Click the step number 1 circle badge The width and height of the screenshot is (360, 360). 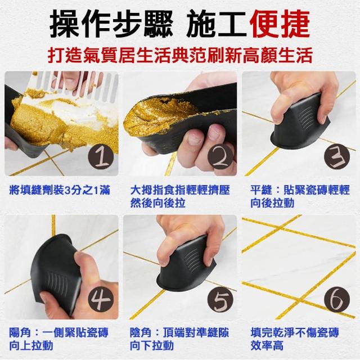[x=101, y=157]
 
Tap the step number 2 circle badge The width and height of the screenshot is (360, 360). [x=220, y=157]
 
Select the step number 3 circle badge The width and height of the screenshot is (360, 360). [x=337, y=157]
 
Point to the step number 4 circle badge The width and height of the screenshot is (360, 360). [x=101, y=300]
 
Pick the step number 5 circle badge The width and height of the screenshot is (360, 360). [x=220, y=300]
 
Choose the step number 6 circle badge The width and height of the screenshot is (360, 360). [x=337, y=300]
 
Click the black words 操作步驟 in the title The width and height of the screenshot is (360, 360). [x=111, y=25]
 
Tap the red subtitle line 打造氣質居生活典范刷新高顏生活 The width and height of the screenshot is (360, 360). [x=180, y=55]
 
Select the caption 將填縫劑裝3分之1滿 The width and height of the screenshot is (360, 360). [x=60, y=190]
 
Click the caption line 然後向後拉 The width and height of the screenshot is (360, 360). [x=157, y=203]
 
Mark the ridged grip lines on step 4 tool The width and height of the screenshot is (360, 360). [x=56, y=283]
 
